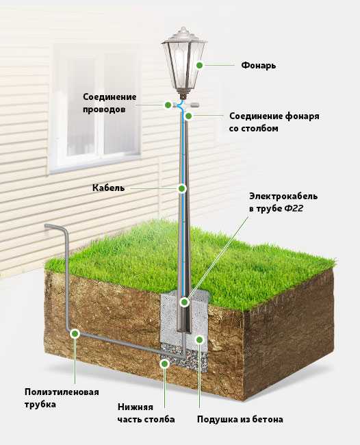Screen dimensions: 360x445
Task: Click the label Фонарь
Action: pos(259,66)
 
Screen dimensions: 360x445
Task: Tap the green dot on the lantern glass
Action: pos(200,65)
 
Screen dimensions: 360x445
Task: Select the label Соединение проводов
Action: pos(110,103)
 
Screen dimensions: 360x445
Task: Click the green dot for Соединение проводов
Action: pos(168,105)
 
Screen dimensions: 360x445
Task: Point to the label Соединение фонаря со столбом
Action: pos(274,122)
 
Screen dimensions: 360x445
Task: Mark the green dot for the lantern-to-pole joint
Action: pos(188,116)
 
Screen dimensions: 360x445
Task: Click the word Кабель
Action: pos(108,188)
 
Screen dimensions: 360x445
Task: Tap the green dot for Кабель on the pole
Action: pos(181,188)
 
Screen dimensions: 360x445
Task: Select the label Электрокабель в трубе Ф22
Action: pos(283,202)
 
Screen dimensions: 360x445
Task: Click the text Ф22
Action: pos(294,208)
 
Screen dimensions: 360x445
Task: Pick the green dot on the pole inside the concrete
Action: pos(184,302)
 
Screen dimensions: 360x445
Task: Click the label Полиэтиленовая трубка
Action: pos(62,398)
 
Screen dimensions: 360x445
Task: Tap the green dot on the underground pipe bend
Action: pos(75,333)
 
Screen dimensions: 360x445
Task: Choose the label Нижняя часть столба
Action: pos(146,413)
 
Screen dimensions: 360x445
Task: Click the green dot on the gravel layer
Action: pos(164,364)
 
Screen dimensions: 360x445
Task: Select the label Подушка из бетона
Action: pos(240,419)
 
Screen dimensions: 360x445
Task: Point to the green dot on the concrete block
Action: pos(200,340)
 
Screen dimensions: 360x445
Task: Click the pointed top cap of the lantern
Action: pos(183,31)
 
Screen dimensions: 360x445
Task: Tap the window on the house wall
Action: pos(95,108)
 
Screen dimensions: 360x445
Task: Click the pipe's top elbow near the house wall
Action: pos(65,229)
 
